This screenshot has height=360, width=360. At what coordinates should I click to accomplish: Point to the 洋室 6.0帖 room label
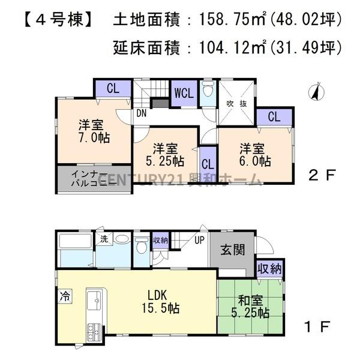tap(254, 154)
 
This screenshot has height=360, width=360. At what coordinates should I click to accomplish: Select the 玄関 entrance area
tap(231, 250)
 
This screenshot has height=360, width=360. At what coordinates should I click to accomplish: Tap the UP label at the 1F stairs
tap(199, 240)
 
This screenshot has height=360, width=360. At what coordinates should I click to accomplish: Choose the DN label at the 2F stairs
tap(142, 112)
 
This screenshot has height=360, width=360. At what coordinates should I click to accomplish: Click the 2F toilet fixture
tap(208, 92)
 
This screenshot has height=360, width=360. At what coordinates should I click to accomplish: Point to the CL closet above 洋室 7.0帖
tap(112, 88)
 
